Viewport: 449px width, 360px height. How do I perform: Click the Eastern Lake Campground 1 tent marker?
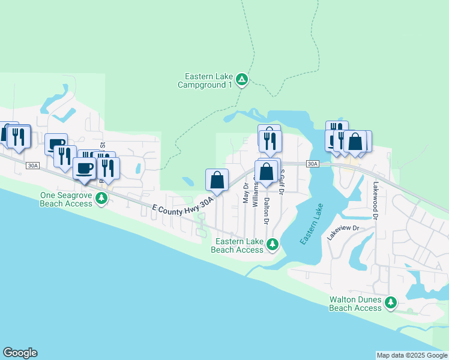coord(241,80)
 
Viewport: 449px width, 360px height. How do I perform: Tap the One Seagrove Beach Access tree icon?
coord(101,199)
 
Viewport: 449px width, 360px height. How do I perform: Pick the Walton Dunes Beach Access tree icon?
coord(391,302)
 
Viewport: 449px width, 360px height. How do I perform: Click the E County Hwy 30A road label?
coord(182,207)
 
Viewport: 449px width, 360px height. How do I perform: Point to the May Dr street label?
coord(246,193)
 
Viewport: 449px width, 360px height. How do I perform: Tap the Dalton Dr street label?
coord(265,207)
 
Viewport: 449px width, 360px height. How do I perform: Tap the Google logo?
coord(20,353)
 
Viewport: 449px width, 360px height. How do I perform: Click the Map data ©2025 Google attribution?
coord(411,355)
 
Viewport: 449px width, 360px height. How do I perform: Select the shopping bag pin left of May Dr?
coord(217,179)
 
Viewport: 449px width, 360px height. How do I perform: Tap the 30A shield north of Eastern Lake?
coord(312,164)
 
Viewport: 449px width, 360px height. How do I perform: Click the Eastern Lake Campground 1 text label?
coord(205,81)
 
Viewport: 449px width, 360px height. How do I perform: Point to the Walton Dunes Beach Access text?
coord(355,304)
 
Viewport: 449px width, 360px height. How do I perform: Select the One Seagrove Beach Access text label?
coord(66,199)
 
